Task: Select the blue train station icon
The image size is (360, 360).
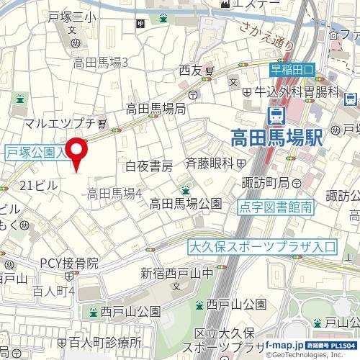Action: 276,114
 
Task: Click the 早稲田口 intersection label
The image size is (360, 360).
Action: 292,70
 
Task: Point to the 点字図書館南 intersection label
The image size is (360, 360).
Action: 276,207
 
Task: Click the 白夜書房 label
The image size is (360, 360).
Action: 149,166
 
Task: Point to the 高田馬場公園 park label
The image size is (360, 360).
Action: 185,204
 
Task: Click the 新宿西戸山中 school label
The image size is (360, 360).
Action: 176,274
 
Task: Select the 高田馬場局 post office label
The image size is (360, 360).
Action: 156,109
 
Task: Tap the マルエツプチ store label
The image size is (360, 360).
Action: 65,123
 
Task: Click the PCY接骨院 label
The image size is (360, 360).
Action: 69,264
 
